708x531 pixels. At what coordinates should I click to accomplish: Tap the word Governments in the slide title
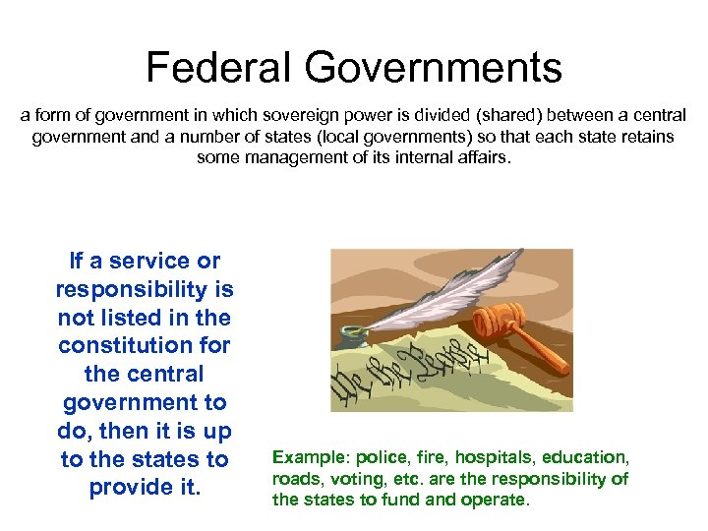(433, 68)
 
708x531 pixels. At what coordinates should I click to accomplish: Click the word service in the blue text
(148, 261)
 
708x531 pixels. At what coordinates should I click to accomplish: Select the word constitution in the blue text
(145, 346)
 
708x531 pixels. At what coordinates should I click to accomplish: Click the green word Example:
(311, 458)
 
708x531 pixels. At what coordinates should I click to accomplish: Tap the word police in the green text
(379, 458)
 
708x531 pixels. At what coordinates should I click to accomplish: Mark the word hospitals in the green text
(494, 458)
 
